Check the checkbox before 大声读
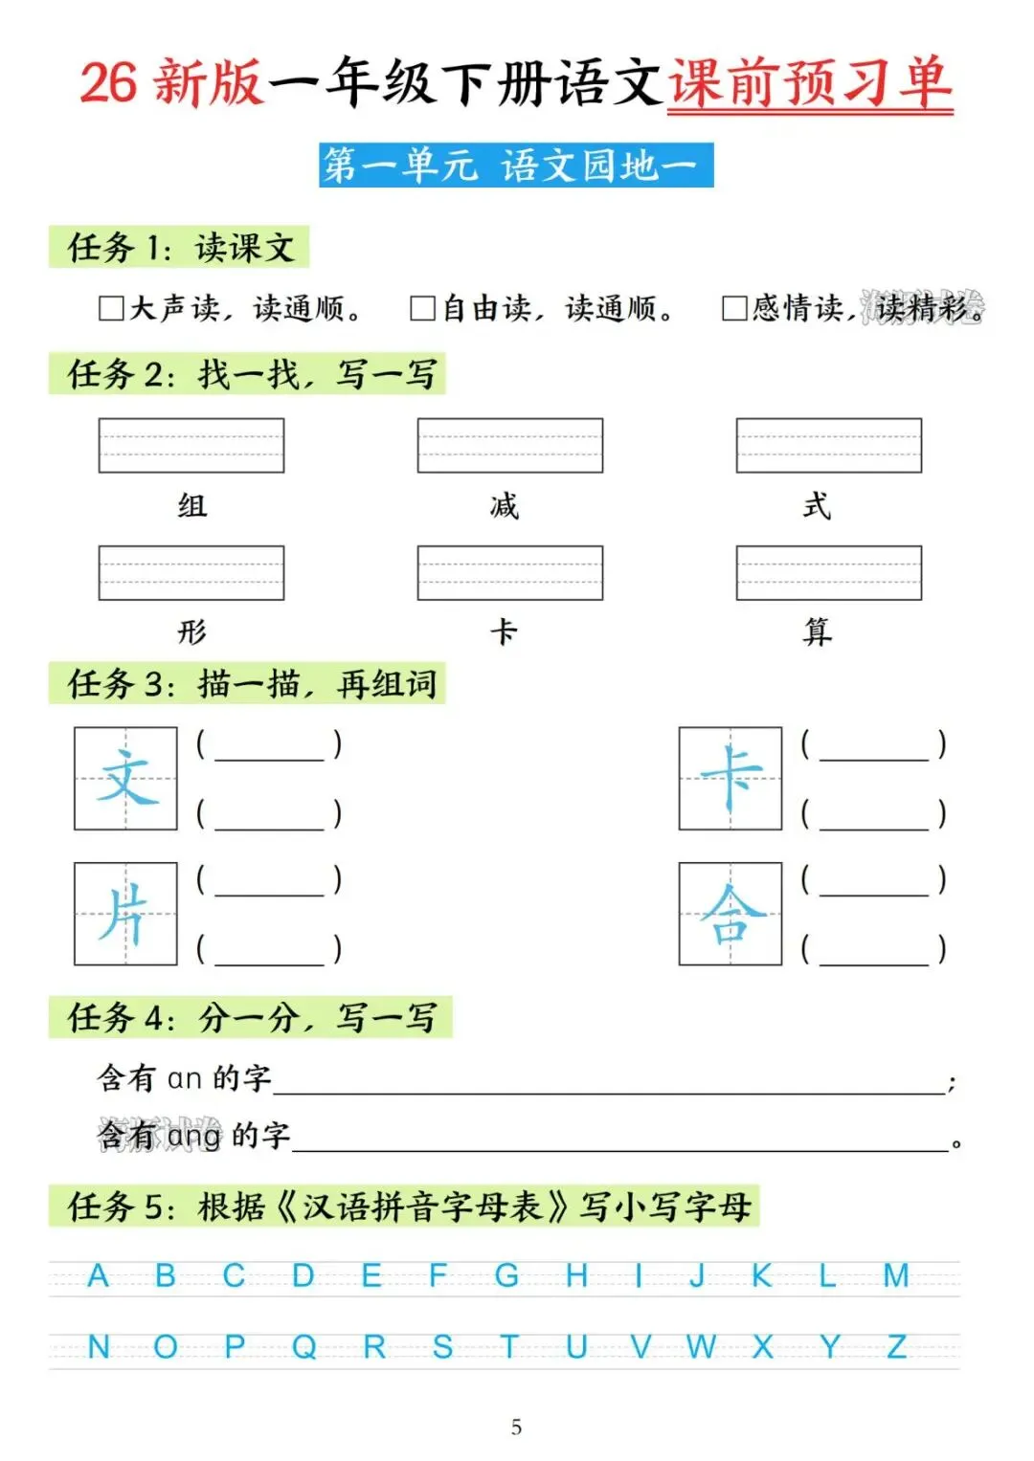(111, 308)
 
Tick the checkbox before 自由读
(422, 308)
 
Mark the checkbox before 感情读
(734, 308)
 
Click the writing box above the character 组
(191, 445)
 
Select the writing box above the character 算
(828, 572)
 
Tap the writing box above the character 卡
(509, 572)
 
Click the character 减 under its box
(504, 505)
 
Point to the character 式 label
(817, 505)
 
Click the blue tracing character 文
(126, 778)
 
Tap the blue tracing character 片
(124, 914)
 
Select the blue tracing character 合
(731, 914)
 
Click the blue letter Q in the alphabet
(303, 1347)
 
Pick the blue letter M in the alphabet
(896, 1275)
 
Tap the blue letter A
(98, 1275)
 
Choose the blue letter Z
(896, 1347)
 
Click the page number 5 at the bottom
(516, 1428)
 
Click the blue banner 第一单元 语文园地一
(516, 166)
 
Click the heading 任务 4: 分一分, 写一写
(251, 1017)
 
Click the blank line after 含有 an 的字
(609, 1084)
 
